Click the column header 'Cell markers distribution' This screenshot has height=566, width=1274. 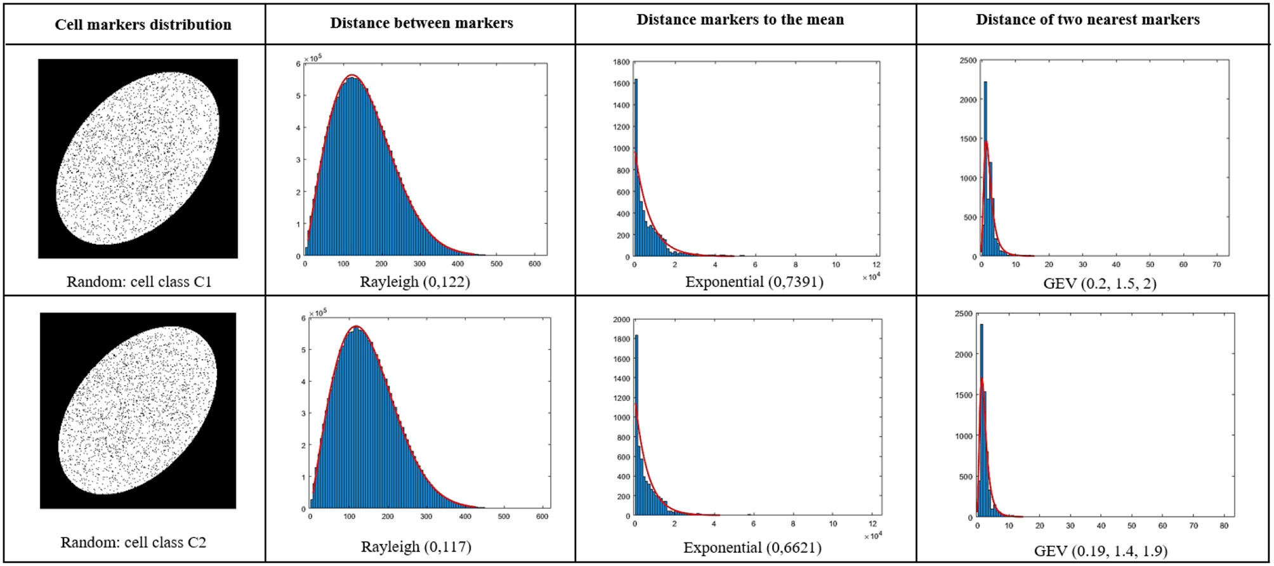click(143, 25)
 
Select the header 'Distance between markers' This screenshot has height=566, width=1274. click(421, 23)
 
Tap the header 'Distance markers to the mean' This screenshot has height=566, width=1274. click(740, 20)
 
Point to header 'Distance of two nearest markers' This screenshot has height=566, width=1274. click(1087, 20)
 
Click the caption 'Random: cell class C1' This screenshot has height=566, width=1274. click(139, 282)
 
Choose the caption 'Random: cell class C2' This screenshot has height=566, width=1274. click(133, 543)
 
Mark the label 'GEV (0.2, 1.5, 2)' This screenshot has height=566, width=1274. click(1100, 283)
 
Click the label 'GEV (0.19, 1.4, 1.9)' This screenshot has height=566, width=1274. click(1100, 551)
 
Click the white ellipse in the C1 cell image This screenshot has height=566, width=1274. click(138, 158)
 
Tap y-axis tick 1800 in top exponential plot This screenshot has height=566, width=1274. click(621, 62)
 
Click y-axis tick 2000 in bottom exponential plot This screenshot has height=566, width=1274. click(621, 320)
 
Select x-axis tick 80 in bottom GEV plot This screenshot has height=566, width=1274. click(1224, 526)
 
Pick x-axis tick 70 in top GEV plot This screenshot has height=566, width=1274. click(1216, 265)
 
